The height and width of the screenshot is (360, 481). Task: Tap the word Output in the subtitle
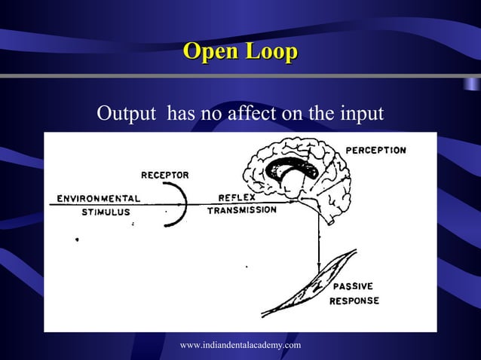(126, 114)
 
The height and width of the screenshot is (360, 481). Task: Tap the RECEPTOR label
(165, 175)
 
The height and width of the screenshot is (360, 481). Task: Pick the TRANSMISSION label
(241, 210)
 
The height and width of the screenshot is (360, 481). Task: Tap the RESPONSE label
(354, 301)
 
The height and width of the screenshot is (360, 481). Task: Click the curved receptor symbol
(180, 205)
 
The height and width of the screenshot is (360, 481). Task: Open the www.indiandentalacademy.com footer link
(240, 344)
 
